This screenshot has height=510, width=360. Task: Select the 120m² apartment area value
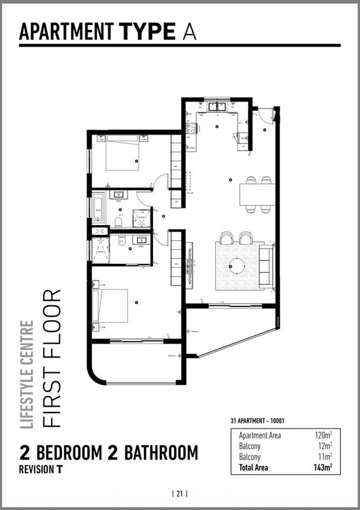click(x=325, y=435)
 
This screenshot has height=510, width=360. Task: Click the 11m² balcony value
click(x=327, y=456)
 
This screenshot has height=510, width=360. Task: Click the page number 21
click(x=180, y=493)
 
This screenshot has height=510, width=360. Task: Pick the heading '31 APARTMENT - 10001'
click(x=260, y=421)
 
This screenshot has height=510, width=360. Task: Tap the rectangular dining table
click(x=257, y=194)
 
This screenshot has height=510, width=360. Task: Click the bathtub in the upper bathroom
click(x=98, y=208)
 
